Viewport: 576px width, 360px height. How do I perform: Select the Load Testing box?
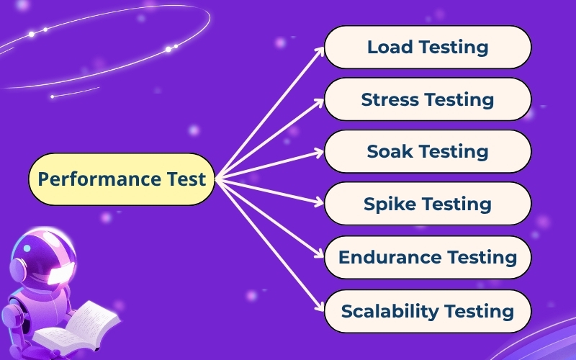[x=428, y=48]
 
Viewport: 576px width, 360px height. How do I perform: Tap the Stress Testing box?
[x=428, y=99]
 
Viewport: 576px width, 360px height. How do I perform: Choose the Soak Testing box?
[x=428, y=152]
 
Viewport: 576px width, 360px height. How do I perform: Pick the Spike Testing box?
[x=428, y=204]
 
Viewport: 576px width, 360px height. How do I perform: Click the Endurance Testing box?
[x=428, y=257]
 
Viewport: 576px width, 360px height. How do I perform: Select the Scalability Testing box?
[x=428, y=311]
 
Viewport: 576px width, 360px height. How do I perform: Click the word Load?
[x=389, y=48]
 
